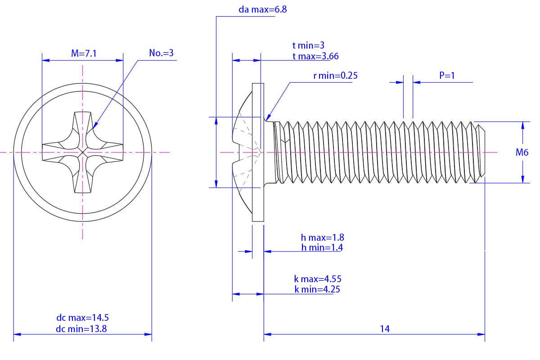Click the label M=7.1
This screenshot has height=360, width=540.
(x=84, y=54)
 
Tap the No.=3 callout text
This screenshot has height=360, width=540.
(x=161, y=53)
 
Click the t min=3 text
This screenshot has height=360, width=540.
(x=308, y=45)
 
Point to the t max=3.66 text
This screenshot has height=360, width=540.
(x=315, y=56)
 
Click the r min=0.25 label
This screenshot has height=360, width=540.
(x=335, y=76)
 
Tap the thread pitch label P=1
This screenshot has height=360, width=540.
(x=447, y=76)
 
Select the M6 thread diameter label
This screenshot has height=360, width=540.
(x=522, y=153)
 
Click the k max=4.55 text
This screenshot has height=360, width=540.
(x=317, y=279)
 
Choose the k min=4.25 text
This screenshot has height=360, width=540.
(x=317, y=289)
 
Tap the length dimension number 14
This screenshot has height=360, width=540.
(x=384, y=328)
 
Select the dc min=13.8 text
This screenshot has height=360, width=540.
(x=81, y=328)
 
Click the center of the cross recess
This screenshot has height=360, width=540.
(x=83, y=153)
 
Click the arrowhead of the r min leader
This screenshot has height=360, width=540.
(x=269, y=117)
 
